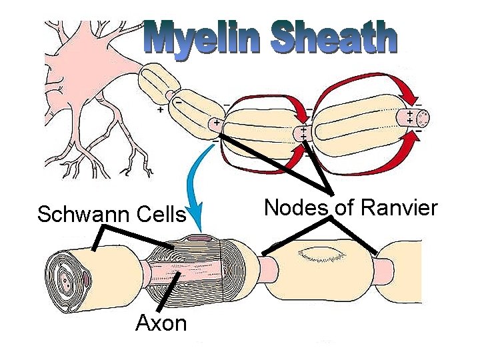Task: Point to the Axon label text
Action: pos(161,323)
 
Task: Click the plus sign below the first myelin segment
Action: pos(160,111)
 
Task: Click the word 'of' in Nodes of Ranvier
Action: pos(343,208)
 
